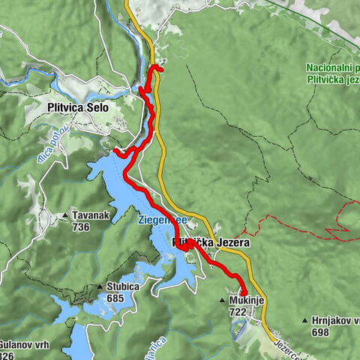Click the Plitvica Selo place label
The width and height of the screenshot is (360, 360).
point(79,107)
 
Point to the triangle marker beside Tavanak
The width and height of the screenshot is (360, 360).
point(67,214)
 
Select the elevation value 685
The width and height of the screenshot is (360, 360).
point(115,298)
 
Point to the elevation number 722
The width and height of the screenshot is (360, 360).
point(238,311)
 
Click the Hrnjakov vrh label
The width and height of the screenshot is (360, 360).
point(333,319)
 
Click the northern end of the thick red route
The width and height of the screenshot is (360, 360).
point(161,70)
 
